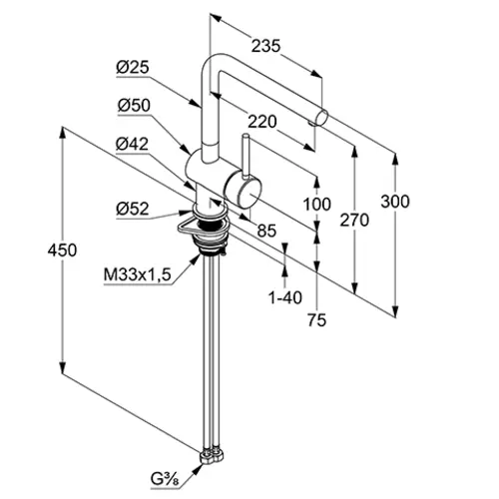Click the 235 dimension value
point(265,46)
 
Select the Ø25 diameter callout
point(133,68)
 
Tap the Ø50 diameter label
point(134,106)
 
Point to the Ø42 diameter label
point(132,144)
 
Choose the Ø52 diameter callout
point(133,209)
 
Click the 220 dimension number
point(262,122)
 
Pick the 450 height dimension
point(62,249)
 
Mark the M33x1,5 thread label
point(138,274)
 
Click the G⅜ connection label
point(165,480)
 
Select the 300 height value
point(395,202)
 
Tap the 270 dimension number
point(354,221)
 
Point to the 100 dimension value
point(317,204)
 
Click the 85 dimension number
point(266,231)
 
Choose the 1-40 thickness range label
point(285,297)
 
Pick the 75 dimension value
point(316,320)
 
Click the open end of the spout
point(321,118)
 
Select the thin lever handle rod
point(247,156)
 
